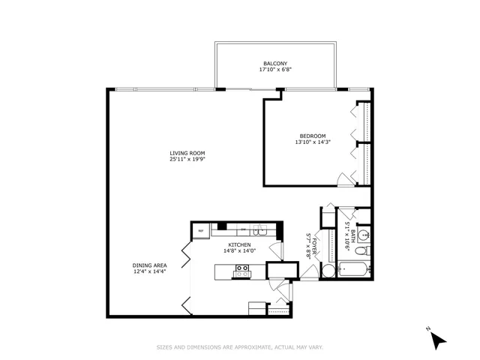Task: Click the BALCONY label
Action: click(x=274, y=63)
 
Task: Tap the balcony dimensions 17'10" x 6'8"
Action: click(x=274, y=70)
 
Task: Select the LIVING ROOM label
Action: click(x=187, y=152)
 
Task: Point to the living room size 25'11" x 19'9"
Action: click(x=187, y=159)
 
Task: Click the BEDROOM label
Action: click(x=313, y=136)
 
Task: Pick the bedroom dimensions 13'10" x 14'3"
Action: click(x=313, y=142)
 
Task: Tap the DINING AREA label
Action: click(x=149, y=265)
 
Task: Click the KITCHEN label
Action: click(x=239, y=244)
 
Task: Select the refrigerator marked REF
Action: click(x=201, y=231)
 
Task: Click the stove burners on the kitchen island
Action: click(x=242, y=271)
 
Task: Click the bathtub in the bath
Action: click(x=352, y=269)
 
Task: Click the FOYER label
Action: click(x=316, y=246)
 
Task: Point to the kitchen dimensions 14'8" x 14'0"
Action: click(x=239, y=251)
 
